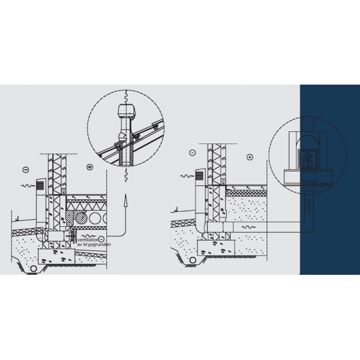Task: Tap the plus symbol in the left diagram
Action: (90, 167)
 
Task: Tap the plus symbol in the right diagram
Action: (250, 157)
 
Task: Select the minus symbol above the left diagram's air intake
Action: (26, 170)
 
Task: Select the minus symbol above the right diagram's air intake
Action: (193, 152)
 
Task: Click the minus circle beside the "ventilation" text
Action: (101, 239)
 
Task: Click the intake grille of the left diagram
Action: (40, 185)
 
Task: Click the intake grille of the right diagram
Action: (200, 176)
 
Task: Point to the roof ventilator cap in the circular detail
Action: (127, 111)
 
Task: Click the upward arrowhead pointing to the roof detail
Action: (125, 200)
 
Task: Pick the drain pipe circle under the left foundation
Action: (34, 268)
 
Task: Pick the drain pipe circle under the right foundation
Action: (193, 260)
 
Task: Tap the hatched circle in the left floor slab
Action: (81, 218)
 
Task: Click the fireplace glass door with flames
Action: (308, 159)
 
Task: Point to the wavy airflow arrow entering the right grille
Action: (187, 176)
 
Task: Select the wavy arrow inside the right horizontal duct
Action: (248, 227)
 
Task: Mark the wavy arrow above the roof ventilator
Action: (126, 97)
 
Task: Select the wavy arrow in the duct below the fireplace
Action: (309, 206)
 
